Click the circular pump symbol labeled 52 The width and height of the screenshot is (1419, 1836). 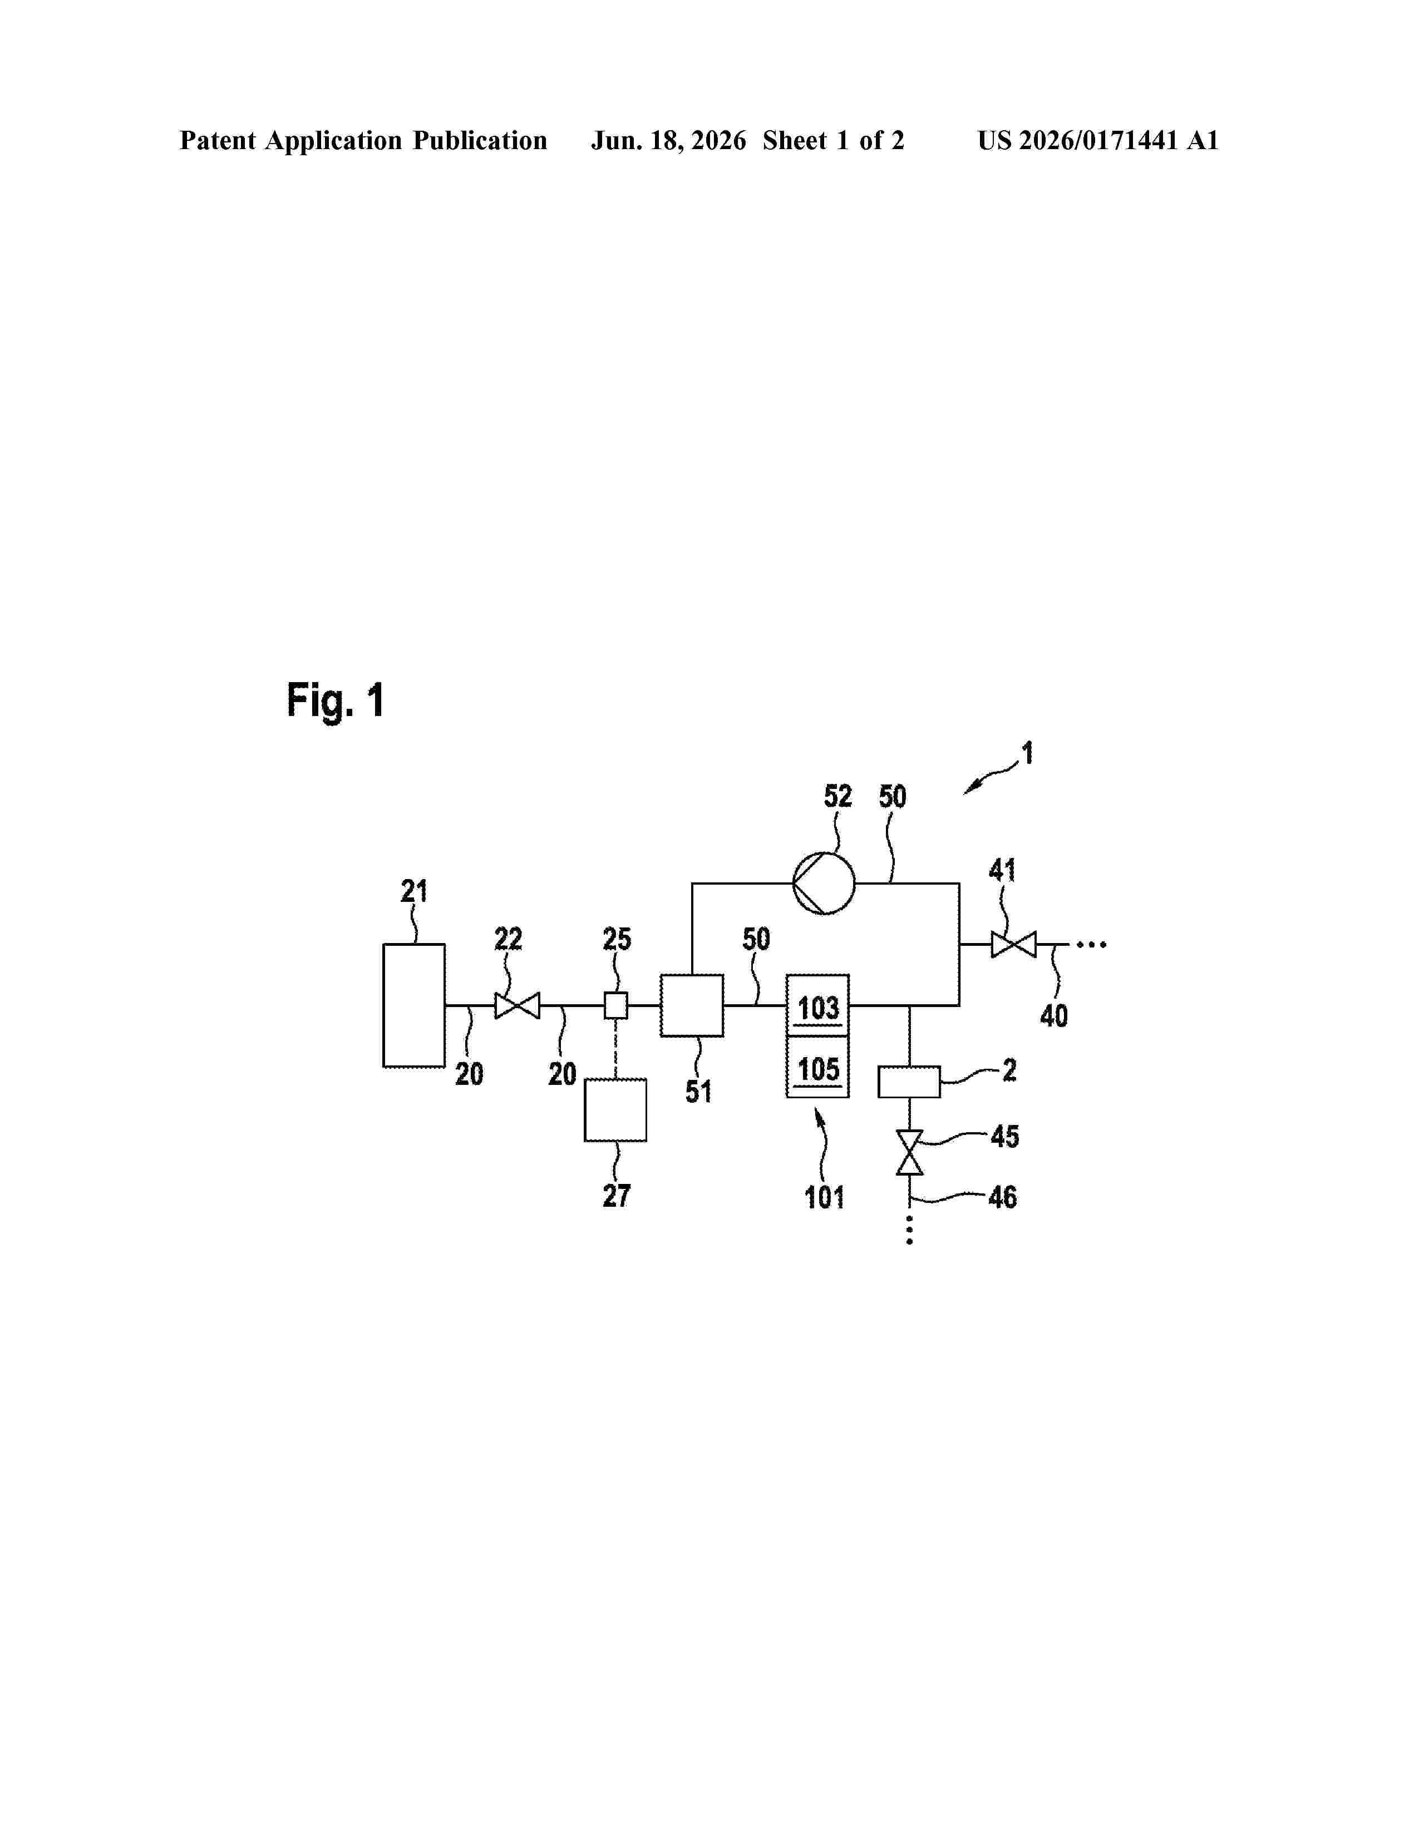[x=824, y=883]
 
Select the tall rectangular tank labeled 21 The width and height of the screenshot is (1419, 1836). [x=413, y=1005]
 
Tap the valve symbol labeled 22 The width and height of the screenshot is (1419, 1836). [x=517, y=1005]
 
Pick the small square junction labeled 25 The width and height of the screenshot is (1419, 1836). [x=616, y=1005]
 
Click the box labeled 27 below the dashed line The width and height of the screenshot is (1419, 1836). [x=615, y=1110]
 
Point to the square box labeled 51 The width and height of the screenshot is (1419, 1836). [x=692, y=1005]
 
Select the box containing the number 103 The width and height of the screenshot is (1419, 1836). [x=817, y=1005]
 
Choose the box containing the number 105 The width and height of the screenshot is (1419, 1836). [x=817, y=1067]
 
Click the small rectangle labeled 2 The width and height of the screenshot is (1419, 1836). [x=909, y=1082]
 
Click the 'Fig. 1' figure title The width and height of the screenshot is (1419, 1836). [x=336, y=701]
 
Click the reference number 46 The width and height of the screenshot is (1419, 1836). [x=1003, y=1196]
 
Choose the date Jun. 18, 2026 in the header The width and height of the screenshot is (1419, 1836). [x=668, y=141]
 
